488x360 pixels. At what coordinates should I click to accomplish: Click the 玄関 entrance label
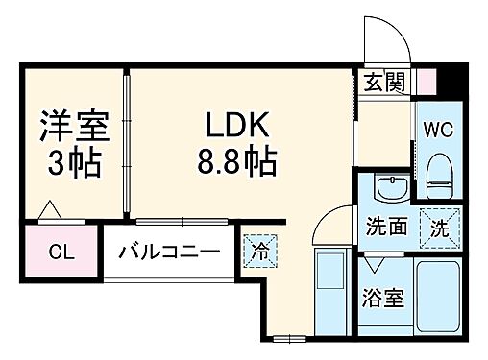[x=383, y=82]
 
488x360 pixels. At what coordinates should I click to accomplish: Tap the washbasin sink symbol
[x=388, y=187]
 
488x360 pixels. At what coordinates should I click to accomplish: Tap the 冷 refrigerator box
[x=258, y=252]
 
